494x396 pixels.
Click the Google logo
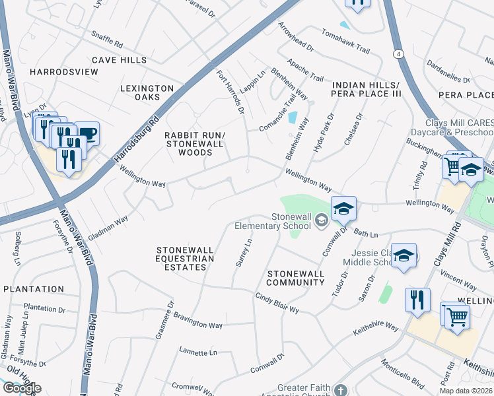click(x=21, y=388)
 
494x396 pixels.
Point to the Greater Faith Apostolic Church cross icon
click(x=340, y=391)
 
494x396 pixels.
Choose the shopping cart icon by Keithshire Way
click(x=456, y=315)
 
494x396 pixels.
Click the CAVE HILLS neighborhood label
click(x=119, y=60)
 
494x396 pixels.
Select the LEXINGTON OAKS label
click(x=147, y=92)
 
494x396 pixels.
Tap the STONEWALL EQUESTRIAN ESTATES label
click(x=186, y=259)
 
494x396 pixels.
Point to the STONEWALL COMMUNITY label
click(x=295, y=278)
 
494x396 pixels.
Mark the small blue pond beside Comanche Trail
click(x=292, y=117)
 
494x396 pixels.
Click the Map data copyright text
click(x=466, y=391)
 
